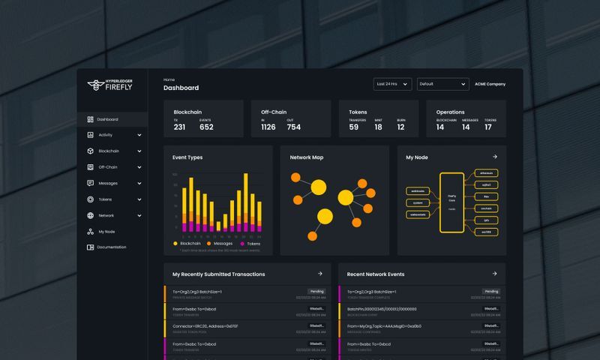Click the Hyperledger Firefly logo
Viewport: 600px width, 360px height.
point(109,85)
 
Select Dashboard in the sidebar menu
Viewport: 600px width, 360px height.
point(106,119)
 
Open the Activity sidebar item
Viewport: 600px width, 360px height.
point(105,135)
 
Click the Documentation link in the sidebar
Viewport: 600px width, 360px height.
point(111,247)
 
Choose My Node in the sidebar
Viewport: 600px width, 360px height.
point(106,232)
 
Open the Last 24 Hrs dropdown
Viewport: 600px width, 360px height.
point(392,84)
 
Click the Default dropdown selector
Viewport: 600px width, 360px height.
point(442,84)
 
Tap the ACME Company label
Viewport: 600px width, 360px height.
point(490,84)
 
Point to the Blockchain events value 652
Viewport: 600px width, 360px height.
point(206,127)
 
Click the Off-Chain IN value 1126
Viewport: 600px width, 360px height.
point(268,127)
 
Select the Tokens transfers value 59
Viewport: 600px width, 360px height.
point(354,127)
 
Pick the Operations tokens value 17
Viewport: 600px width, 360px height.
point(488,127)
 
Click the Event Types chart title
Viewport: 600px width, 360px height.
point(187,157)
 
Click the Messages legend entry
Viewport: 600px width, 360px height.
point(223,243)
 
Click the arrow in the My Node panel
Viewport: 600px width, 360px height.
point(494,157)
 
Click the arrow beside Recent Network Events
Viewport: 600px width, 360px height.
point(494,274)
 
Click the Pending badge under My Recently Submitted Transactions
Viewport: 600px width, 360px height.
point(316,291)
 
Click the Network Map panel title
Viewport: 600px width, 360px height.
point(306,157)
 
